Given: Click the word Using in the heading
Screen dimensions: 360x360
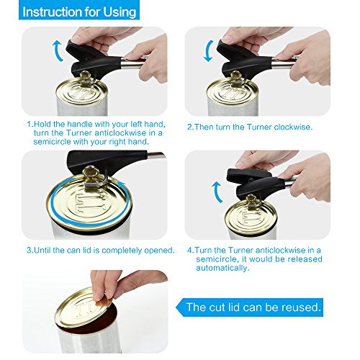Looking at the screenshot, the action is click(120, 12).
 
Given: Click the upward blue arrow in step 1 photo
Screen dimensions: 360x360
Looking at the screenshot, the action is click(57, 51).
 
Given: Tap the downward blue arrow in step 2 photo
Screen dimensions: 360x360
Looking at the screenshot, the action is click(208, 51).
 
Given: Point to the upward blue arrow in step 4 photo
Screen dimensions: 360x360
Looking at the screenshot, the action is click(217, 192).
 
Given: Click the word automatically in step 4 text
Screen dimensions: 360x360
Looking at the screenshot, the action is click(222, 268).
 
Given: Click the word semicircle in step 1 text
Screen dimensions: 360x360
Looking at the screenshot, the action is click(53, 142).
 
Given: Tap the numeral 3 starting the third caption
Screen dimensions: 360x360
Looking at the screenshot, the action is click(29, 251).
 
